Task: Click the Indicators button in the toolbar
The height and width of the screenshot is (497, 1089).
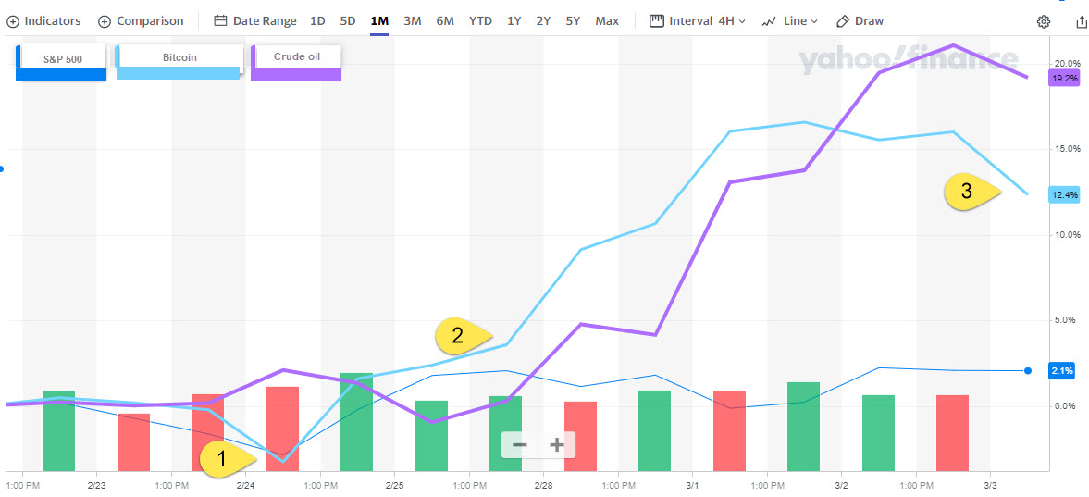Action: click(43, 20)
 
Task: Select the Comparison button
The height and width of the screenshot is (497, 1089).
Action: click(142, 20)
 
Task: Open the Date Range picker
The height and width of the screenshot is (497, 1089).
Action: click(255, 20)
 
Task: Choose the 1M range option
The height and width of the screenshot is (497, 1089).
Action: click(378, 20)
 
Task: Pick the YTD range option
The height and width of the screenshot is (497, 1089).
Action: click(480, 20)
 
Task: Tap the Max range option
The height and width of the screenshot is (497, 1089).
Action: click(607, 20)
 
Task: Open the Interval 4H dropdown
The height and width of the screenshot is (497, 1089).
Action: click(698, 20)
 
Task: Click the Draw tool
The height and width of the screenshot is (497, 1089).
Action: click(860, 20)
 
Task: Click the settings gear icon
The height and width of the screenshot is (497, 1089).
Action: click(1044, 21)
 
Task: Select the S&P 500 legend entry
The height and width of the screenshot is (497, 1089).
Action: click(62, 59)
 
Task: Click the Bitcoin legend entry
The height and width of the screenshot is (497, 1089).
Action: click(179, 57)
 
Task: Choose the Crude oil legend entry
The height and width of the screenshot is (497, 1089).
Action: click(296, 57)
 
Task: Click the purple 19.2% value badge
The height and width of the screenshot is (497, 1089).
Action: click(1064, 79)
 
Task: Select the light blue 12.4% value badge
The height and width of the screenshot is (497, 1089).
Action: click(1064, 194)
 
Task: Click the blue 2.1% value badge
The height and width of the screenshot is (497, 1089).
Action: click(1061, 370)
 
